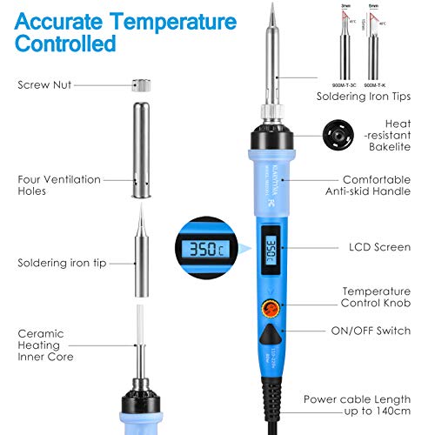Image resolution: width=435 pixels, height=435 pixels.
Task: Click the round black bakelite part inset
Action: coord(335,136)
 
